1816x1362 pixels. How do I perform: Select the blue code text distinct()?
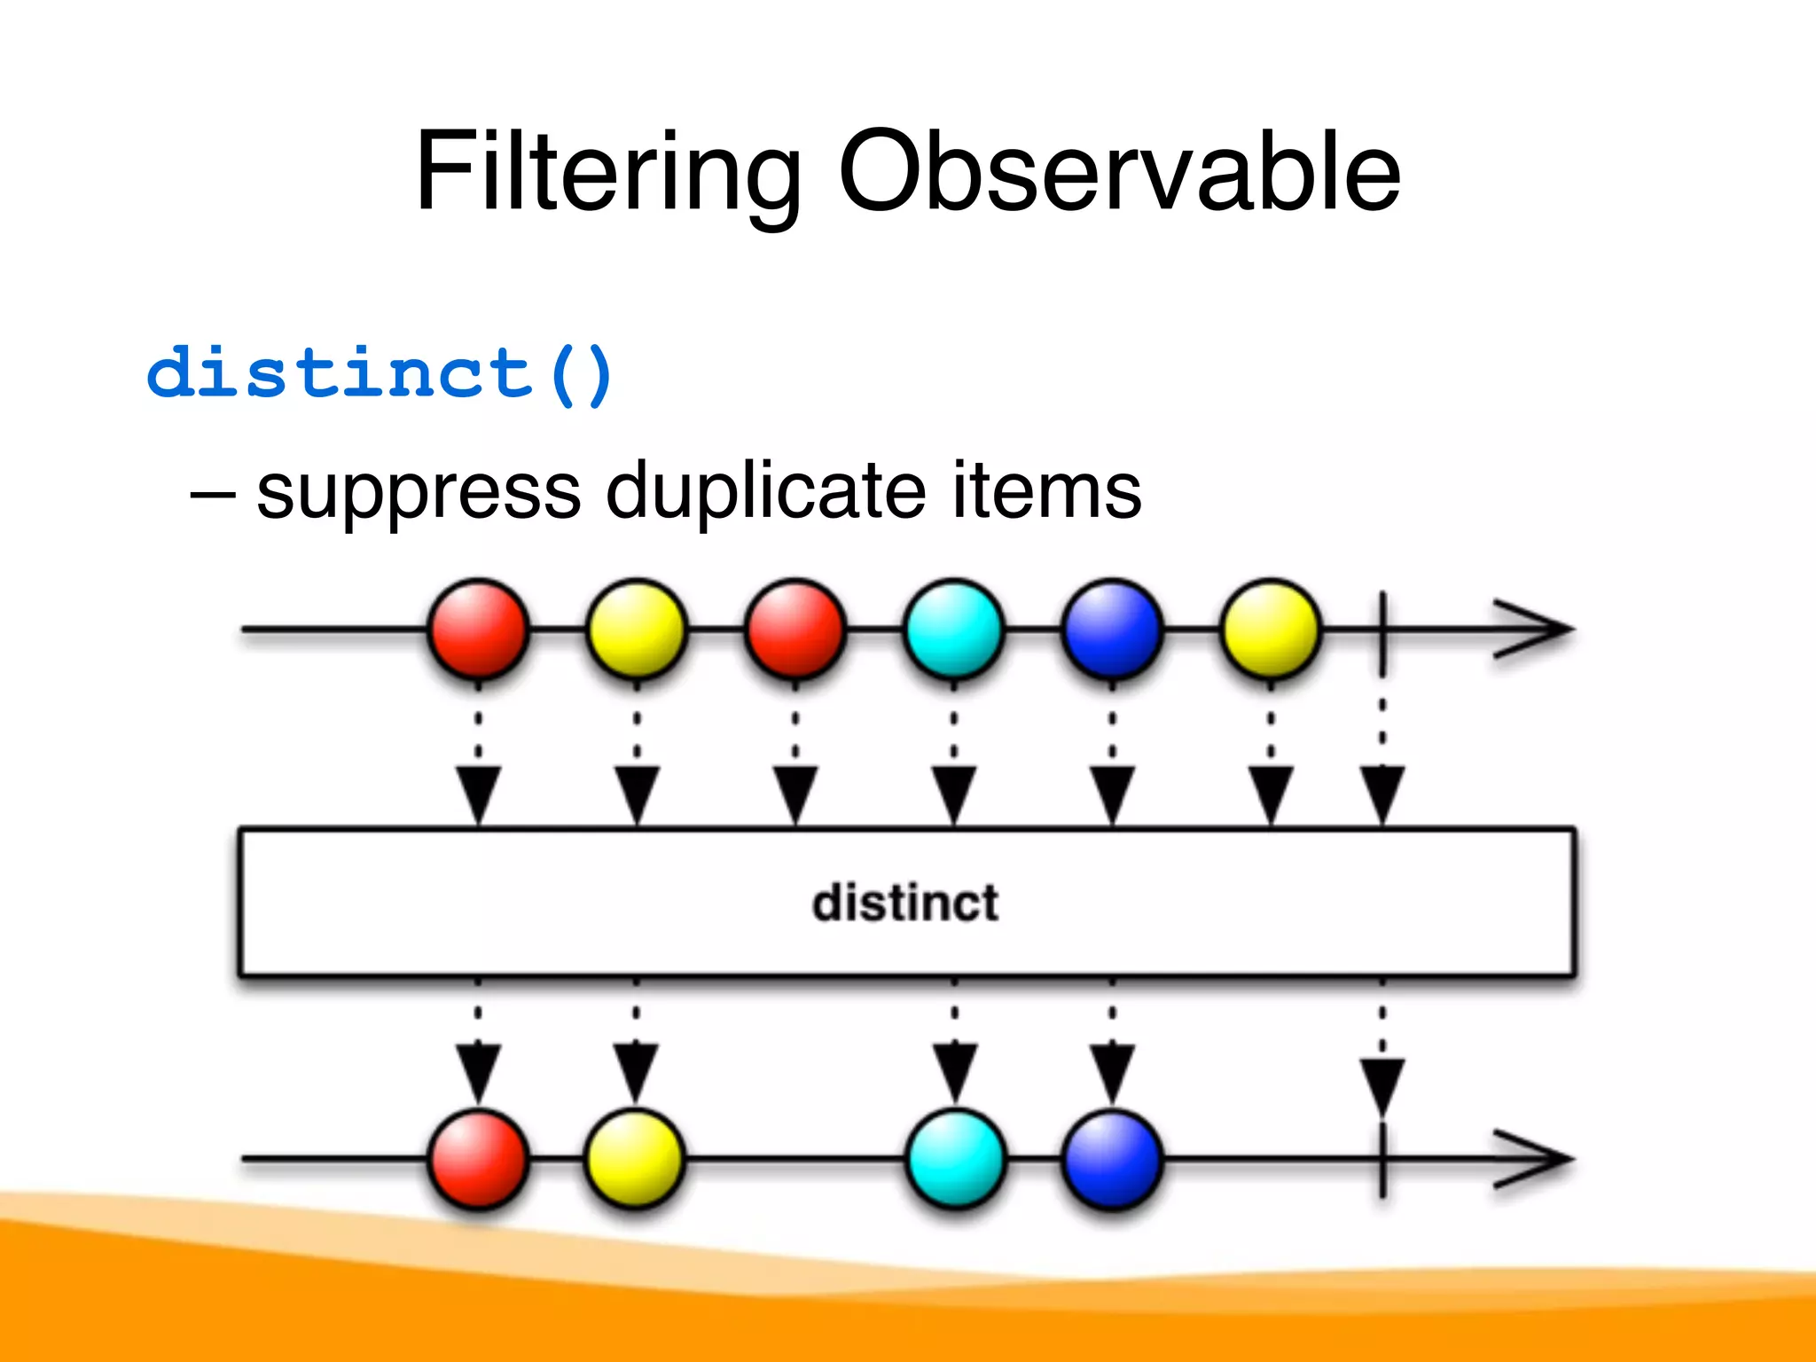pos(380,373)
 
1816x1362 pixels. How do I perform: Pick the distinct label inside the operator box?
pos(905,903)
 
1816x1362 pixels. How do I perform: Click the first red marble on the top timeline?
pos(478,629)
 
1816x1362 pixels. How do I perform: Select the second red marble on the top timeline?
pos(795,629)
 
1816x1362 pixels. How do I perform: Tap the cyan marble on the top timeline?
pos(954,629)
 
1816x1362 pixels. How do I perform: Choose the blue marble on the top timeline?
pos(1112,629)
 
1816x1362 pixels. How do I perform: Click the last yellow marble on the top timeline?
pos(1271,629)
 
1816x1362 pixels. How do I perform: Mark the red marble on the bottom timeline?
pos(478,1158)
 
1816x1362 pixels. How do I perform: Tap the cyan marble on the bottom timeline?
pos(955,1158)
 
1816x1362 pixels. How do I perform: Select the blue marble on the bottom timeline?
pos(1112,1158)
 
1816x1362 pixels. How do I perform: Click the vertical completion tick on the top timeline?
pos(1382,630)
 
